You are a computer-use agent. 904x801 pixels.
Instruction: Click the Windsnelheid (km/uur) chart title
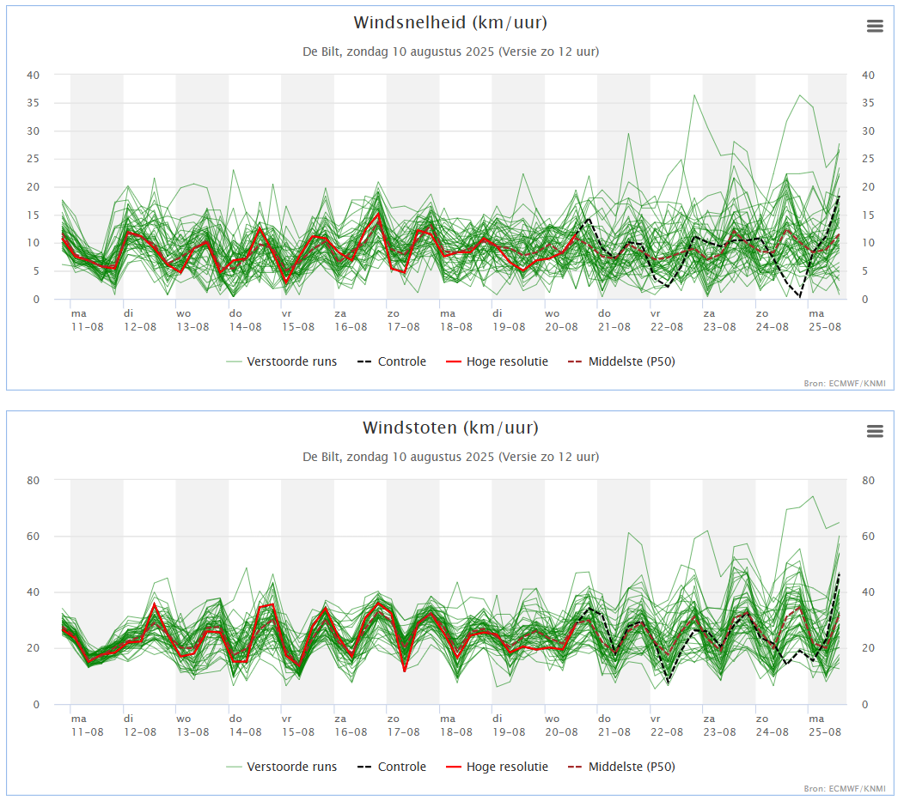[x=450, y=22]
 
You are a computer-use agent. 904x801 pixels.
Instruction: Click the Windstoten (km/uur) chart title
[x=450, y=428]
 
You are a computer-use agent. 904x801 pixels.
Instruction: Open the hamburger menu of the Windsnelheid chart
[x=875, y=26]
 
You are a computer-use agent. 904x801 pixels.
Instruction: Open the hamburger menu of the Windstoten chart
[x=875, y=431]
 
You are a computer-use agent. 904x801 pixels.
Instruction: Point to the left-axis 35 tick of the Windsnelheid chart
[x=34, y=103]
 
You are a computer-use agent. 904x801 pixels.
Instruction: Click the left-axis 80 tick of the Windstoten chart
[x=34, y=480]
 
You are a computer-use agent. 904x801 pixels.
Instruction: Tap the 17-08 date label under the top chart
[x=403, y=327]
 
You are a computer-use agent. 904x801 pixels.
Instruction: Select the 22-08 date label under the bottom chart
[x=666, y=732]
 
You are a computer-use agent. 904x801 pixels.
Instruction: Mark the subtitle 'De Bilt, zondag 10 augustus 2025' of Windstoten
[x=450, y=457]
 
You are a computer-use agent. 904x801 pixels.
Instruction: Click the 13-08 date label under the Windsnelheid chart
[x=192, y=327]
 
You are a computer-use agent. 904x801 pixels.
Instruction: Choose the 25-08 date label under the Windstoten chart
[x=824, y=732]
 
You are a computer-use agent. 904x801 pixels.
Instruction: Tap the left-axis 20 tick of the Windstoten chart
[x=34, y=648]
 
